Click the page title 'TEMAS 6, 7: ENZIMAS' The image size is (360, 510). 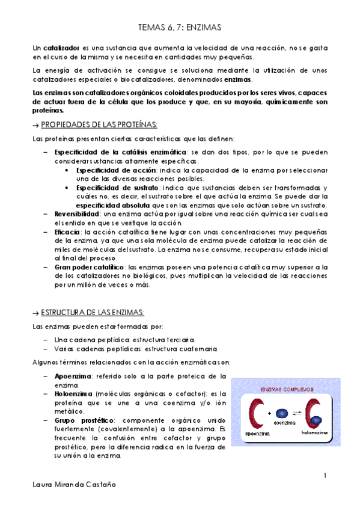[180, 27]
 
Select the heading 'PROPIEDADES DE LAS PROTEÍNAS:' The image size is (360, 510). [100, 124]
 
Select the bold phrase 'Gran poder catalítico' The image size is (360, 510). [89, 266]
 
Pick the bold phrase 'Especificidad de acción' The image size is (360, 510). [112, 171]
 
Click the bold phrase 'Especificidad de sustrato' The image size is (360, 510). [114, 188]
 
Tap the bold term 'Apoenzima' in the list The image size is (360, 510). [73, 376]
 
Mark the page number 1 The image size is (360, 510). [325, 476]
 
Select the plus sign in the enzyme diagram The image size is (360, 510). [269, 413]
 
